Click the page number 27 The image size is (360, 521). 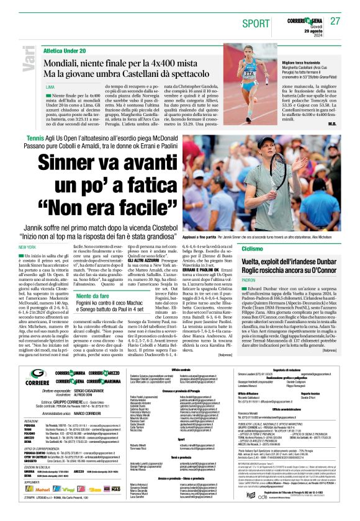click(x=335, y=20)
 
